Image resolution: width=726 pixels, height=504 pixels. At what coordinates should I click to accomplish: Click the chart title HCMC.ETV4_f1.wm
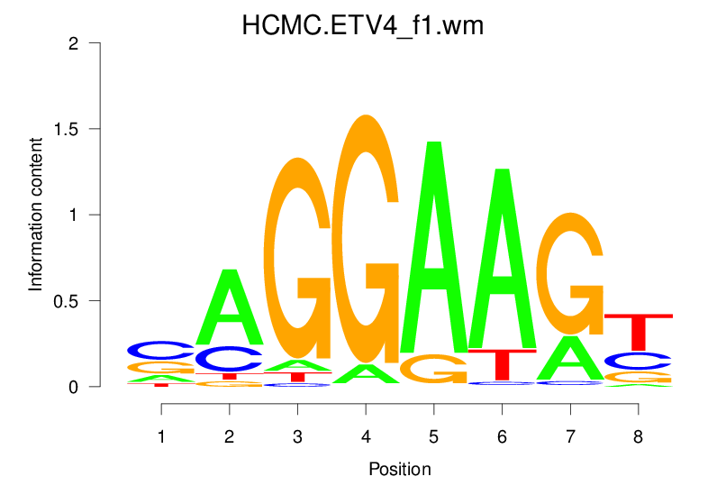pyautogui.click(x=363, y=25)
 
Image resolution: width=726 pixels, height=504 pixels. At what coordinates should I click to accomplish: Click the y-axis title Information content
pyautogui.click(x=36, y=215)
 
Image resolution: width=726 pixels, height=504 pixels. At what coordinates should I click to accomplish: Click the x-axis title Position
pyautogui.click(x=399, y=469)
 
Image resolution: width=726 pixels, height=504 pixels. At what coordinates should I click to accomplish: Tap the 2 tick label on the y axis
pyautogui.click(x=78, y=43)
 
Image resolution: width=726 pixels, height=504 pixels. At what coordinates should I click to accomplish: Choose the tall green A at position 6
pyautogui.click(x=502, y=261)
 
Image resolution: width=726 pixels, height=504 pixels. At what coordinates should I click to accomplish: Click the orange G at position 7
pyautogui.click(x=569, y=270)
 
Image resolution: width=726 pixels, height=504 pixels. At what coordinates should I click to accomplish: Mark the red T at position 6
pyautogui.click(x=502, y=363)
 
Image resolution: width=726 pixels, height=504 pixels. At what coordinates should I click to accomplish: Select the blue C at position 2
pyautogui.click(x=230, y=359)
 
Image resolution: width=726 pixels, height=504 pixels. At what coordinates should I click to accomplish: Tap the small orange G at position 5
pyautogui.click(x=433, y=368)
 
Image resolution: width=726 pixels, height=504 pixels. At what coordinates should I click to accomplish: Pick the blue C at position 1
pyautogui.click(x=161, y=349)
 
